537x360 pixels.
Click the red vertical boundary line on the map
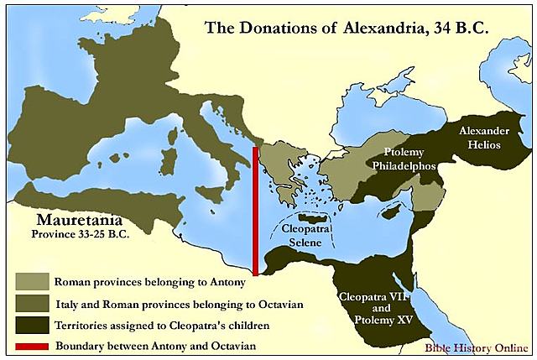[x=254, y=210]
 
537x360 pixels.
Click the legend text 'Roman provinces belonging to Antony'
[x=150, y=280]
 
